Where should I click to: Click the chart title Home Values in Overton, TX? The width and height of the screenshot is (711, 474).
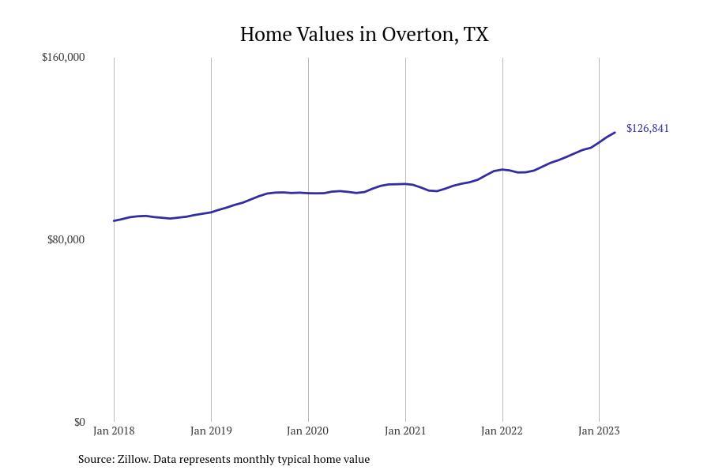click(x=364, y=35)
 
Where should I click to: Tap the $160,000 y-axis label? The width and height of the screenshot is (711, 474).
click(x=63, y=58)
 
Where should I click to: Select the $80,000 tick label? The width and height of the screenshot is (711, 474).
click(x=66, y=240)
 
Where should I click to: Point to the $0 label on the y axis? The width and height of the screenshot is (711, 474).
click(x=79, y=423)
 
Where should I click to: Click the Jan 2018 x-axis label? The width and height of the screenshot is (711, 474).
click(x=114, y=431)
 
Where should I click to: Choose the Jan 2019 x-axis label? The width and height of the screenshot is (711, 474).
click(x=211, y=431)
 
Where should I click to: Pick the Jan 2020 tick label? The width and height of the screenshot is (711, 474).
click(x=308, y=431)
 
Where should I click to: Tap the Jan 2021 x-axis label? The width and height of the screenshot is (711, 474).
click(x=405, y=431)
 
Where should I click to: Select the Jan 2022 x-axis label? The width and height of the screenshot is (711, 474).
click(x=502, y=431)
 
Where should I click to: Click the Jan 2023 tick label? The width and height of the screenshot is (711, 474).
click(x=599, y=431)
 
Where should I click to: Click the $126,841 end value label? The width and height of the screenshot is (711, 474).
click(x=647, y=129)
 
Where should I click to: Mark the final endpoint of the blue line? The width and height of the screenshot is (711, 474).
click(x=615, y=133)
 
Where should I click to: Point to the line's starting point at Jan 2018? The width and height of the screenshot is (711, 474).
click(x=114, y=221)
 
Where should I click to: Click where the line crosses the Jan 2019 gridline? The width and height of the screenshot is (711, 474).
click(x=211, y=212)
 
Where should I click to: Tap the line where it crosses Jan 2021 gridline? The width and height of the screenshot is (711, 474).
click(x=405, y=184)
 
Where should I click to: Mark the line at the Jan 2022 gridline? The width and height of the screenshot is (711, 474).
click(x=502, y=169)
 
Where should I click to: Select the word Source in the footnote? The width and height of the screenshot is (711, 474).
click(x=95, y=459)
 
